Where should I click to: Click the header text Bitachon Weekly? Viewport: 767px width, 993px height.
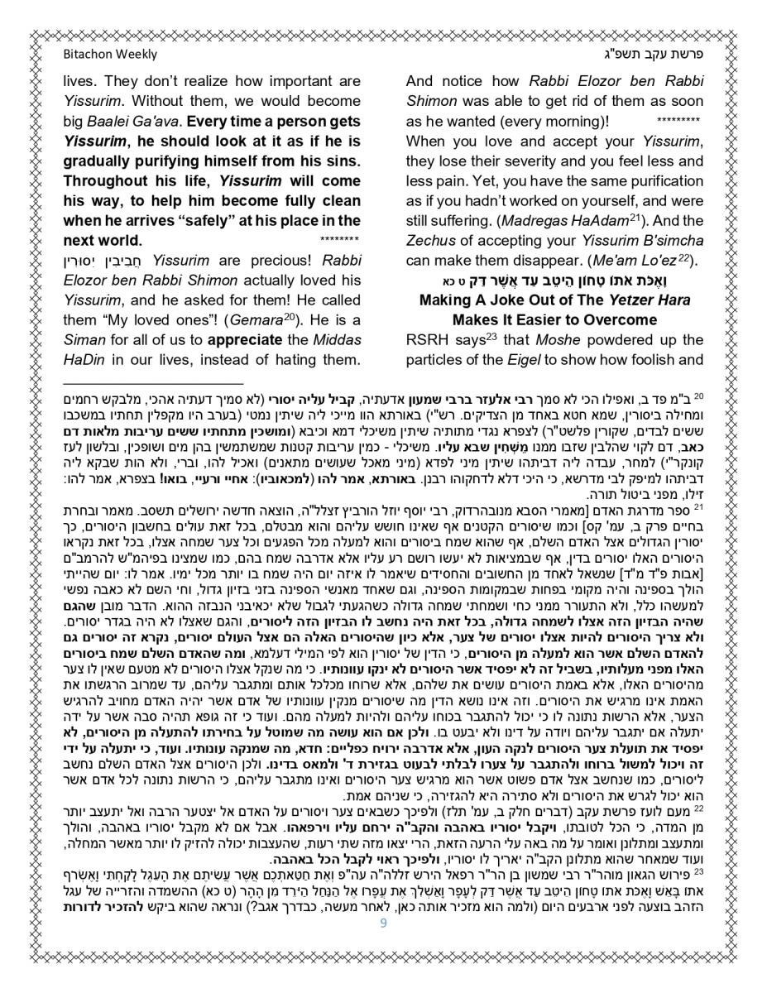110,55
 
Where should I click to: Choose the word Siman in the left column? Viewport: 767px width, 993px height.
87,339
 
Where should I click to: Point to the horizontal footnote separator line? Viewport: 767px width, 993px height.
153,384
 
